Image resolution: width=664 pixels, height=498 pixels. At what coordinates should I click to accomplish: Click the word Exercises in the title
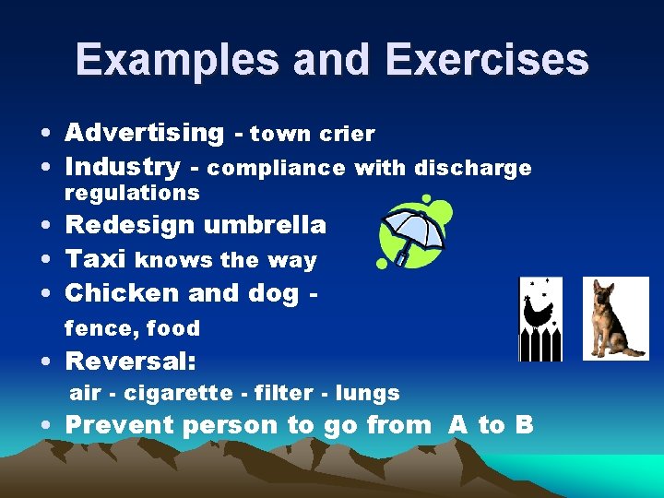tap(487, 60)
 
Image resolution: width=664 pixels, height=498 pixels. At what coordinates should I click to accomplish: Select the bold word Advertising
tap(144, 133)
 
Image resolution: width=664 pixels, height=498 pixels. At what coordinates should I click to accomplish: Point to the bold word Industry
tap(123, 167)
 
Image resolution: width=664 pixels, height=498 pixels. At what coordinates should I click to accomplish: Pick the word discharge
tap(473, 168)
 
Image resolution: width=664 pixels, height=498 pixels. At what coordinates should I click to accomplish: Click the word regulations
tap(132, 193)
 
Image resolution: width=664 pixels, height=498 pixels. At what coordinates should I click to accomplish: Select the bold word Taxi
tap(97, 260)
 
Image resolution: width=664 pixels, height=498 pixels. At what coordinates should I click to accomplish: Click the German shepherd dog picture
tap(614, 319)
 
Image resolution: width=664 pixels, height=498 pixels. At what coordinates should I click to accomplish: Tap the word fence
tap(93, 328)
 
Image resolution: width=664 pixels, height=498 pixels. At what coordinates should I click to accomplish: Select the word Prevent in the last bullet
tap(121, 425)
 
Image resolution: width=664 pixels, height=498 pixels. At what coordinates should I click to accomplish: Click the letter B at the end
tap(523, 425)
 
